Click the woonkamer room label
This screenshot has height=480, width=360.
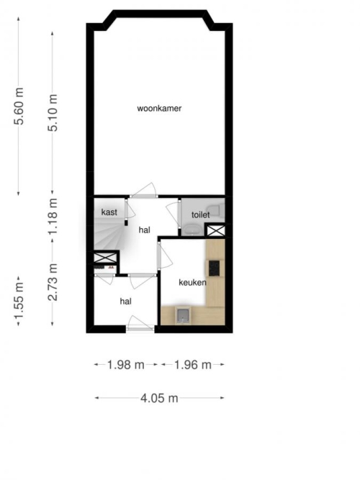click(x=159, y=109)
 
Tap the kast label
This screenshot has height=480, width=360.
click(x=109, y=212)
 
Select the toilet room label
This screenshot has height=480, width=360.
click(x=201, y=214)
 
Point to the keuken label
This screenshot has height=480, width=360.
click(x=192, y=282)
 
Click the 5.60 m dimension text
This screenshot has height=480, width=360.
click(x=19, y=106)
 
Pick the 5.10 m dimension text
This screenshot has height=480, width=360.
click(x=53, y=113)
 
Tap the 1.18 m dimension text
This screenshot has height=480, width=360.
click(x=53, y=216)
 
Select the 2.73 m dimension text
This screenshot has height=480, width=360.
click(x=53, y=282)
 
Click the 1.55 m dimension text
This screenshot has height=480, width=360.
click(x=19, y=301)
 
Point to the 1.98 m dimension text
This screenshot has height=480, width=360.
click(x=125, y=365)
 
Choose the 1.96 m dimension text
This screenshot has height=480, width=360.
click(x=193, y=365)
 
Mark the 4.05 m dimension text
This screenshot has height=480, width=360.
click(x=159, y=398)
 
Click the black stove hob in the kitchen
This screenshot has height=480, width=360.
click(x=214, y=268)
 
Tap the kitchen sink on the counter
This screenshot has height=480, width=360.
click(x=183, y=315)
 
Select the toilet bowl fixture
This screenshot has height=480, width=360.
click(x=218, y=210)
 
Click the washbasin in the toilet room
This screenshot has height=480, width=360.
click(x=192, y=229)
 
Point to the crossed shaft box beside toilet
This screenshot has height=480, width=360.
click(x=215, y=230)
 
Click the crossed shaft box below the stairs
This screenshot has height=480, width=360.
click(x=105, y=258)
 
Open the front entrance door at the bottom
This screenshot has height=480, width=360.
click(x=140, y=324)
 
